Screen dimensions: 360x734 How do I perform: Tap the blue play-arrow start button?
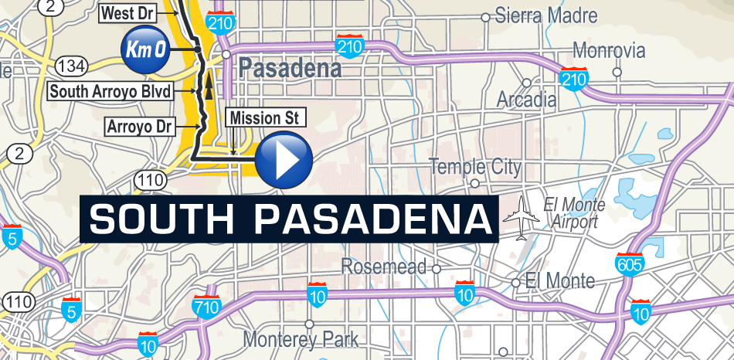point(284,161)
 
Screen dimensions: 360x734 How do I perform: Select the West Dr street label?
point(128,13)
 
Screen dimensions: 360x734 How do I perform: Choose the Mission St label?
point(264,118)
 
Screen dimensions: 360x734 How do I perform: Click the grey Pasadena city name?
point(290,69)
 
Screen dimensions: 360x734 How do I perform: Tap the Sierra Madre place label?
point(545,15)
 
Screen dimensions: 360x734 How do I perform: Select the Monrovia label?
point(609,52)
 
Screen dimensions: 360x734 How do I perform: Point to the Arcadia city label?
point(526,100)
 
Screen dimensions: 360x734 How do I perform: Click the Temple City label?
point(474,167)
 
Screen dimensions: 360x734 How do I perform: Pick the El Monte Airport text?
point(573,213)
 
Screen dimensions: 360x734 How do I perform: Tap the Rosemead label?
point(384,267)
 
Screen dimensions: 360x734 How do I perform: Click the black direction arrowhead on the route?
point(207,89)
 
